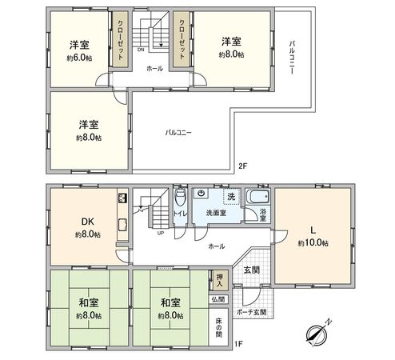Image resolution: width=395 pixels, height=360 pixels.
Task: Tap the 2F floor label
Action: pyautogui.click(x=243, y=166)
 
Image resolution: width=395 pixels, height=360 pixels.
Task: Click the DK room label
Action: pyautogui.click(x=87, y=222)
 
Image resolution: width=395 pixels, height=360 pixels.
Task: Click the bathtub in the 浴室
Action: pyautogui.click(x=257, y=197)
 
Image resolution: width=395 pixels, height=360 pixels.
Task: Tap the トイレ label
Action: pyautogui.click(x=180, y=214)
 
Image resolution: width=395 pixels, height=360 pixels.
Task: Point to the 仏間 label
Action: pyautogui.click(x=219, y=299)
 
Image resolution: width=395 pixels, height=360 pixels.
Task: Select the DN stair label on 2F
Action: pyautogui.click(x=141, y=50)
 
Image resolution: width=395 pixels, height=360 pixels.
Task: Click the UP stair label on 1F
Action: pyautogui.click(x=161, y=234)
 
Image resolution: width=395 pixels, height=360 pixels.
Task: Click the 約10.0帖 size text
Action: pyautogui.click(x=313, y=242)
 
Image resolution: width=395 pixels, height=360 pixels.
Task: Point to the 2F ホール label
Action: pyautogui.click(x=154, y=69)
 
